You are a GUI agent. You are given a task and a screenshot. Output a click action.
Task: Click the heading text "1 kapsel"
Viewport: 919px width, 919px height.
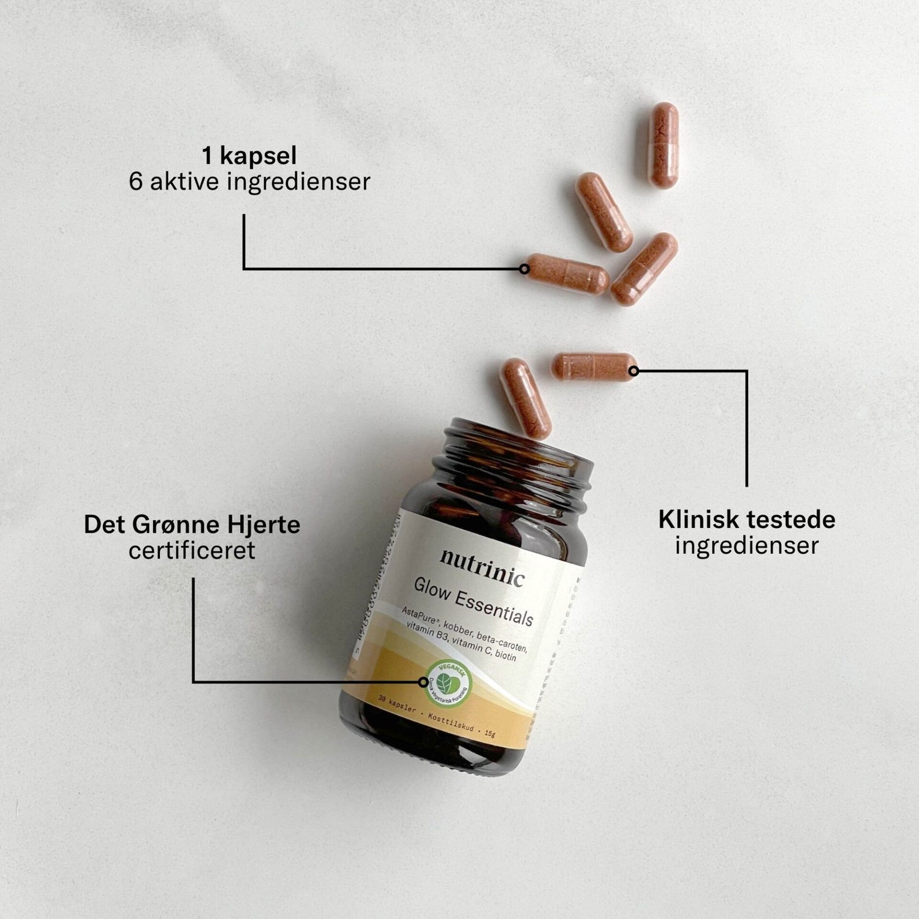click(x=249, y=156)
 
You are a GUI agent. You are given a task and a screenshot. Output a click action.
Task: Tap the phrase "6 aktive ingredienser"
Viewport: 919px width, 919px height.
click(x=249, y=182)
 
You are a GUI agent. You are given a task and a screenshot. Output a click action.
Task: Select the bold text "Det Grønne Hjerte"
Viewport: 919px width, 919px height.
click(x=192, y=524)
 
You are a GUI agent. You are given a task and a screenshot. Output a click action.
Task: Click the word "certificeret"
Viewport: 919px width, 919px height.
click(x=192, y=550)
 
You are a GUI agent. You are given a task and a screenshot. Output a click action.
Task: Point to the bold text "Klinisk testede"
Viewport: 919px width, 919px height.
click(x=746, y=520)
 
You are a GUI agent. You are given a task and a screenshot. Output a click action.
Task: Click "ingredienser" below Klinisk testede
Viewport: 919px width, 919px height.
click(x=746, y=545)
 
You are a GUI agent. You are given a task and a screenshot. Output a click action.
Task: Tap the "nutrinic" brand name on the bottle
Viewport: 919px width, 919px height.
click(x=482, y=567)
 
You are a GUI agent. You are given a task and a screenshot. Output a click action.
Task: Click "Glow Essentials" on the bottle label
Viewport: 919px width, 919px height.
click(x=473, y=602)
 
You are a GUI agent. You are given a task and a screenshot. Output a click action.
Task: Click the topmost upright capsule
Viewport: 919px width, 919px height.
click(x=664, y=145)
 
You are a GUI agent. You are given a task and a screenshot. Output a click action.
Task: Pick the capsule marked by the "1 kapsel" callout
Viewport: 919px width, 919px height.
click(x=567, y=273)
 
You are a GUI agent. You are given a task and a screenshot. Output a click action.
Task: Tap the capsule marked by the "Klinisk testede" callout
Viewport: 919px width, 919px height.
click(x=594, y=367)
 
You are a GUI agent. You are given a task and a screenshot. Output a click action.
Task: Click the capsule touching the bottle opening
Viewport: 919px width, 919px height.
click(x=525, y=398)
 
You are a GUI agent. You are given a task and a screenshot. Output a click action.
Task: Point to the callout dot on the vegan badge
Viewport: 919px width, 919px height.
click(x=423, y=681)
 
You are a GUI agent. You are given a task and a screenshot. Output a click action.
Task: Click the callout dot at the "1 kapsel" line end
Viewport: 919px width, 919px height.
click(x=524, y=268)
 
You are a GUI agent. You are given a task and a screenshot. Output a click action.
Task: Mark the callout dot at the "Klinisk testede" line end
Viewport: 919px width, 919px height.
click(x=633, y=371)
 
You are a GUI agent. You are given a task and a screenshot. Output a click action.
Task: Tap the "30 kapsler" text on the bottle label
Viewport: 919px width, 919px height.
click(x=397, y=704)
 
